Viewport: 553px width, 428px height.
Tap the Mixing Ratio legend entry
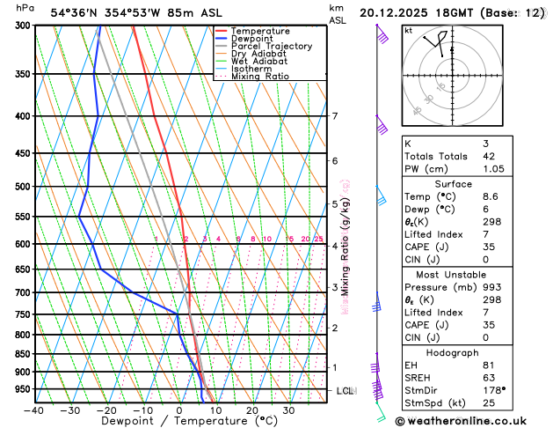(x=263, y=77)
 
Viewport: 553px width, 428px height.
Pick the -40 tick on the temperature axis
(x=34, y=410)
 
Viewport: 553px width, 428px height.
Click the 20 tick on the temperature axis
(x=251, y=410)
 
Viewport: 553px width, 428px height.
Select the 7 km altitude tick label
(x=334, y=116)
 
